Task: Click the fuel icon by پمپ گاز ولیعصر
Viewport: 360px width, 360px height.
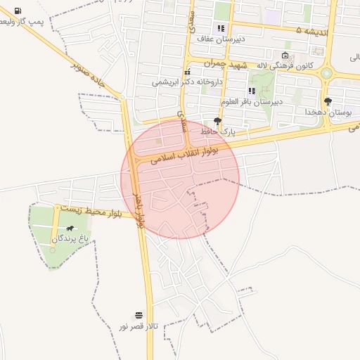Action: point(17,11)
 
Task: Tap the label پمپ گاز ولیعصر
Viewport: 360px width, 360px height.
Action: point(27,22)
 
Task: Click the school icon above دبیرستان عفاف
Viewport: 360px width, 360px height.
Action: point(221,29)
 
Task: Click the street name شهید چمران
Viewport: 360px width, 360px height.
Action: point(227,64)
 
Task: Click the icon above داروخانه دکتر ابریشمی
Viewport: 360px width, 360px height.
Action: point(187,72)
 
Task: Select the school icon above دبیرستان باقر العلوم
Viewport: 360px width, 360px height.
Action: point(251,91)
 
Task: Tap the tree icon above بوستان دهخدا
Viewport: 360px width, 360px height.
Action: point(328,101)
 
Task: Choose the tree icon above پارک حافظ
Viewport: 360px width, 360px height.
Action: point(217,121)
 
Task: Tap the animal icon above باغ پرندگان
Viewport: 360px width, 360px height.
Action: point(70,229)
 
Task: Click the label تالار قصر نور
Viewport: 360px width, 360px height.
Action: point(138,327)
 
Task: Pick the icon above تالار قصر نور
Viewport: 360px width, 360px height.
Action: point(138,316)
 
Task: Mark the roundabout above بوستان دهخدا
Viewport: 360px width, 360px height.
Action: point(326,72)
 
